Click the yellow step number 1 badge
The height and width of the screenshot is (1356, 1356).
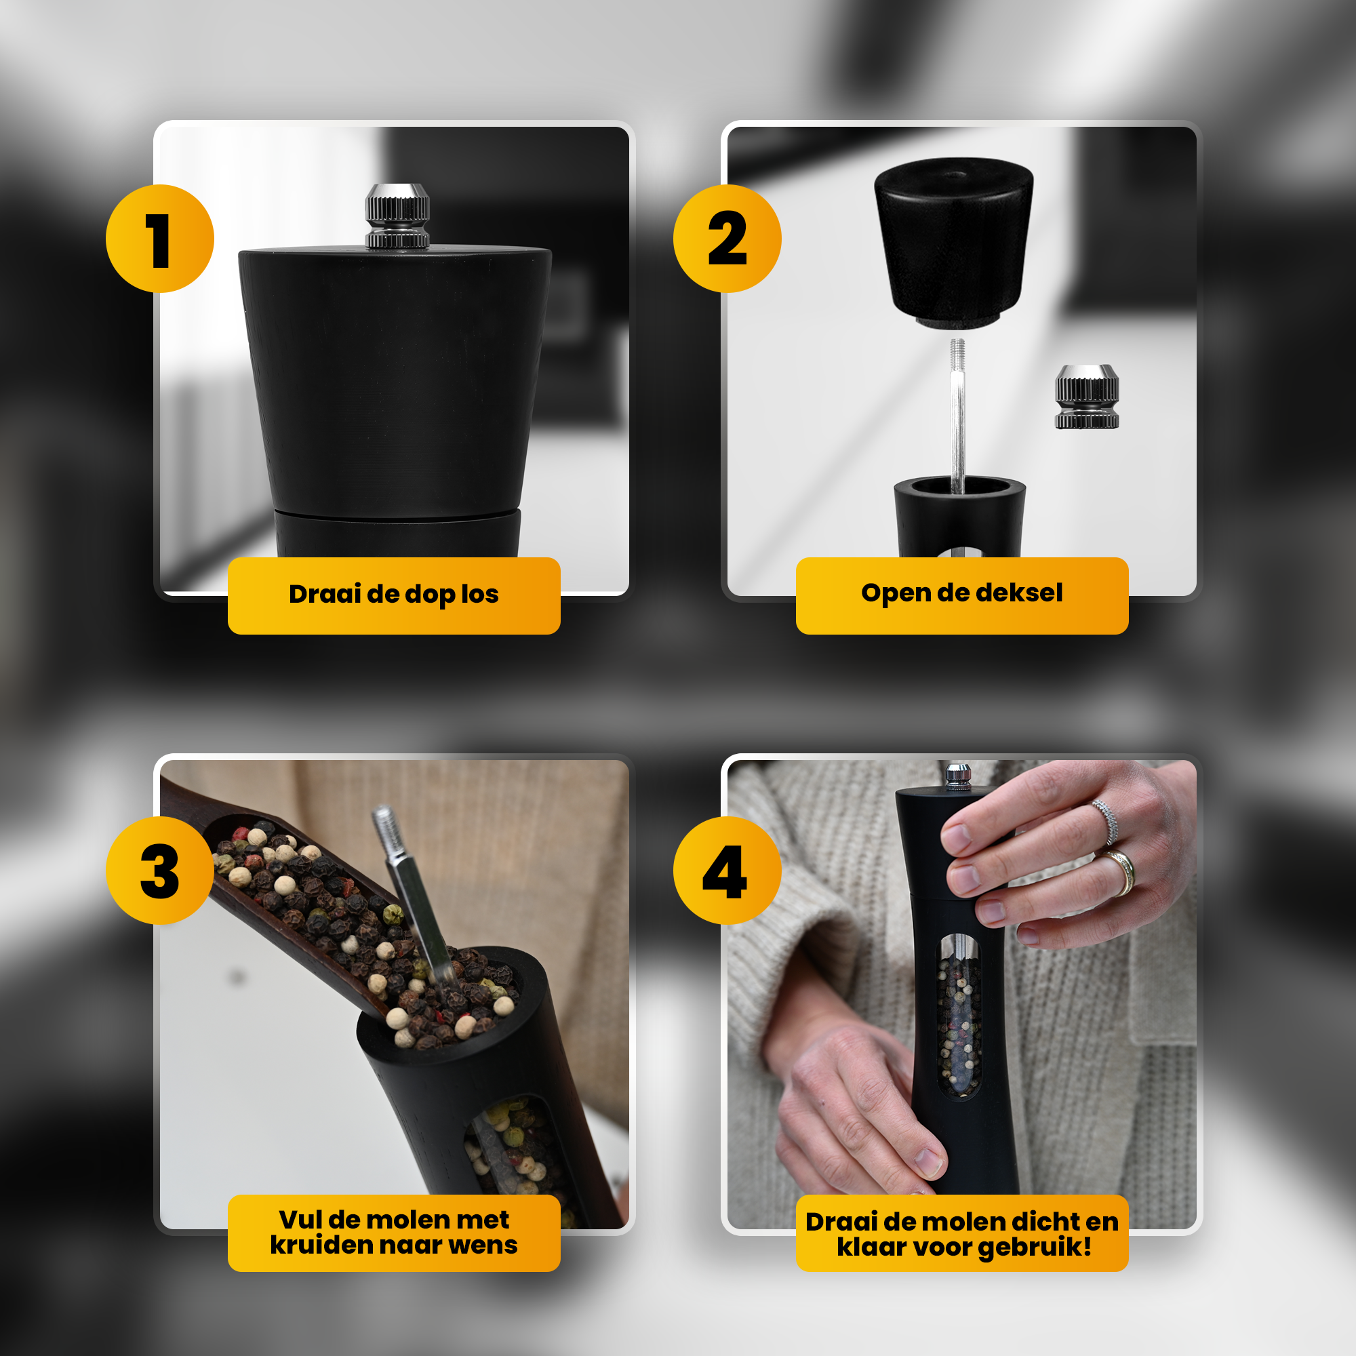(160, 239)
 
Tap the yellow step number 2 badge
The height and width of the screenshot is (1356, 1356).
(727, 239)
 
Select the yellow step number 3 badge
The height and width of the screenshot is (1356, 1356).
(160, 871)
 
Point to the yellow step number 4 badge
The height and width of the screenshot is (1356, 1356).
(727, 871)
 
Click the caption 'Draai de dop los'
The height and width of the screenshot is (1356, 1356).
(394, 595)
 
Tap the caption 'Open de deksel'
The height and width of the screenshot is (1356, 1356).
(961, 593)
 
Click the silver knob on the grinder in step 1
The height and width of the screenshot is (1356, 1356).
(397, 216)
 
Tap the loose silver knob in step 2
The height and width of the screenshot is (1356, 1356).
(1086, 397)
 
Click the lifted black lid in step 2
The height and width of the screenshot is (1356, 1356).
(954, 242)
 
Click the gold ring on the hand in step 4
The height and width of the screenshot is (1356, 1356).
(1121, 872)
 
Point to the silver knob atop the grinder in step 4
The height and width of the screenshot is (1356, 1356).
(958, 775)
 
